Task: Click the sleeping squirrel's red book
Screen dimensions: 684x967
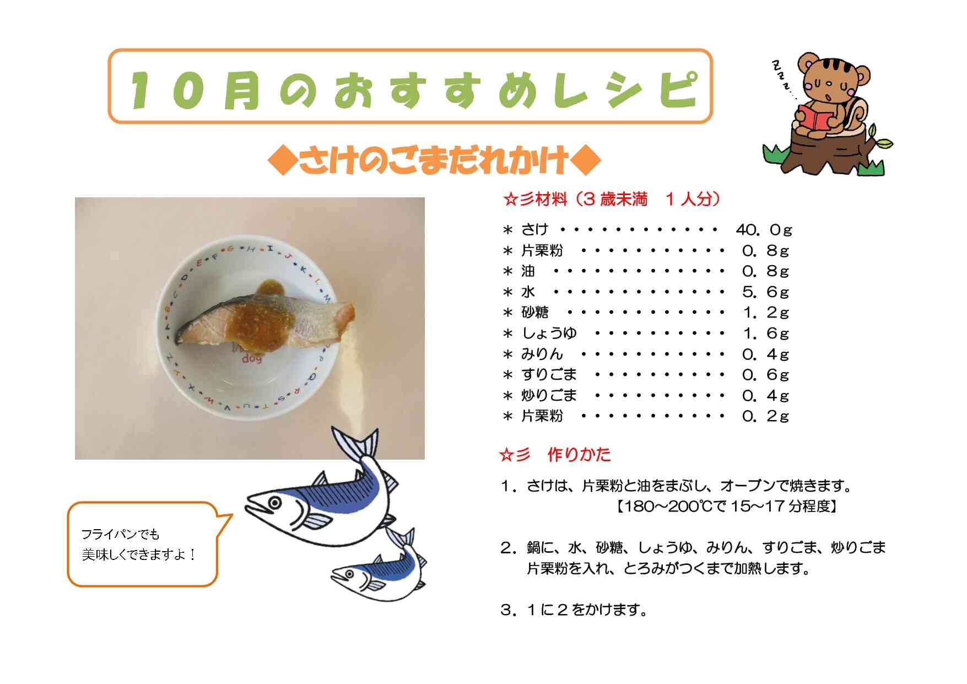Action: (817, 117)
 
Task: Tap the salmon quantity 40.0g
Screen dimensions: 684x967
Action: (764, 229)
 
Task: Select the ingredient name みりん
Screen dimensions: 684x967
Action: (542, 354)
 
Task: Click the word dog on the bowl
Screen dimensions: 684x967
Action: (252, 359)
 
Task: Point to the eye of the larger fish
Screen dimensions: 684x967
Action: (274, 502)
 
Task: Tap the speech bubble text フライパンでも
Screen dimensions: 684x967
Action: (120, 534)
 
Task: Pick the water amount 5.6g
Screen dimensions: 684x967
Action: (765, 292)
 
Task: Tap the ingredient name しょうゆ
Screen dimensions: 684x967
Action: (549, 333)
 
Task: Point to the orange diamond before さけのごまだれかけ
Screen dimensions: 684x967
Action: (282, 161)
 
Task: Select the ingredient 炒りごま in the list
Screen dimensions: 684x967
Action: (549, 395)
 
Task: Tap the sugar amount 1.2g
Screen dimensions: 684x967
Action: (765, 313)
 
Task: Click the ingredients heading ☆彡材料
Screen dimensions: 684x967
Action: (535, 199)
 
